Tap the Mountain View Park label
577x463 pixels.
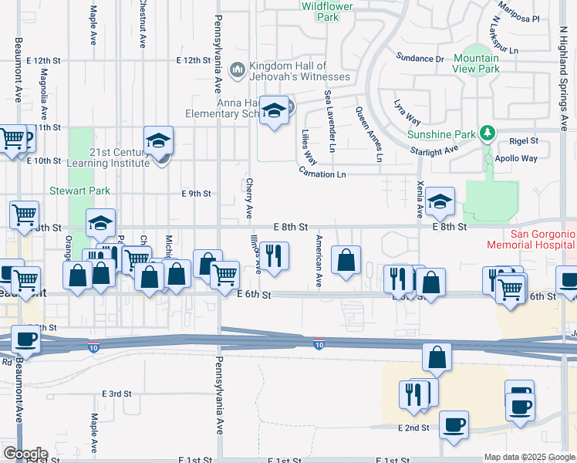coord(476,63)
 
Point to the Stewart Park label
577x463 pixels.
coord(80,191)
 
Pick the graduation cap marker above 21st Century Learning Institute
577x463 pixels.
coord(158,141)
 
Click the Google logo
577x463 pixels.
coord(25,454)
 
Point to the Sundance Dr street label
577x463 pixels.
coord(420,58)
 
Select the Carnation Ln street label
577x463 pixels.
coord(322,174)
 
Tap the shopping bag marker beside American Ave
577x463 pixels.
coord(347,260)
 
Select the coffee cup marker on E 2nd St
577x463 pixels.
coord(454,425)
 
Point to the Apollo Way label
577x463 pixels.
coord(518,158)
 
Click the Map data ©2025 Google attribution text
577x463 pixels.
coord(529,457)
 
